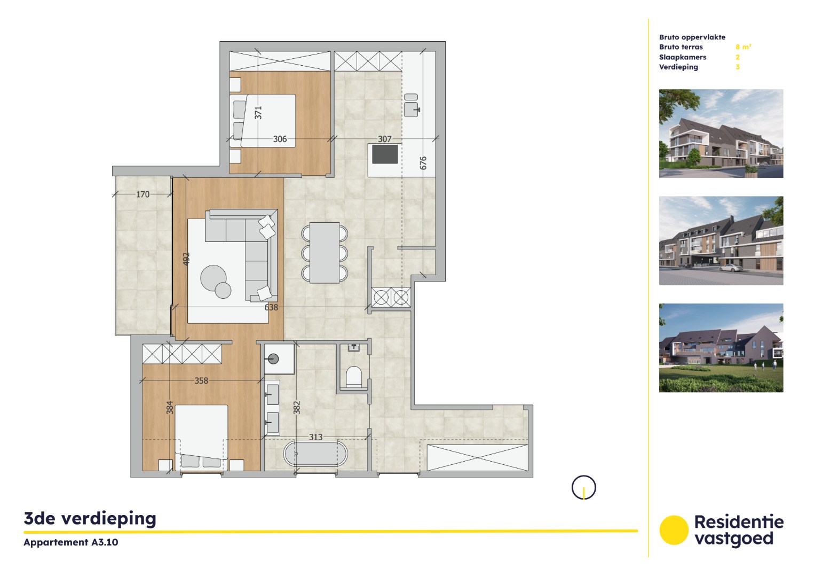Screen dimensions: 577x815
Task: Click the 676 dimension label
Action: point(423,163)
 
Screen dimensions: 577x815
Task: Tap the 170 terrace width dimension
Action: point(143,194)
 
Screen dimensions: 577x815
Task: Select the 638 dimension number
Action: point(271,307)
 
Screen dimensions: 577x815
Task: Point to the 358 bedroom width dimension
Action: point(201,381)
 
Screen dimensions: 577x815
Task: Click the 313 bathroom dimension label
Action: point(315,437)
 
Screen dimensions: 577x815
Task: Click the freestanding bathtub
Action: point(315,454)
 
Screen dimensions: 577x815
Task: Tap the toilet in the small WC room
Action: point(353,376)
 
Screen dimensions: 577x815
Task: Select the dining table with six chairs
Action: point(325,252)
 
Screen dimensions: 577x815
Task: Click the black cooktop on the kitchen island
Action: point(385,154)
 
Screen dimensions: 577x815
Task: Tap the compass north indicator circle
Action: point(583,488)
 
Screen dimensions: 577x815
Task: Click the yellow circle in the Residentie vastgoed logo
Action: point(674,530)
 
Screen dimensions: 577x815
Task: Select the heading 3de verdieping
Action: point(90,518)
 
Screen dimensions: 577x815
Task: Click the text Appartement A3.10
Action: point(71,542)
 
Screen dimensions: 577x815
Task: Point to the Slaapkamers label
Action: point(682,57)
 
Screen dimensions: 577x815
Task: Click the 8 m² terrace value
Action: point(743,47)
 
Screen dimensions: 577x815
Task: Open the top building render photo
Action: point(721,134)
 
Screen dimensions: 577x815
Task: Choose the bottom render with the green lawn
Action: point(721,348)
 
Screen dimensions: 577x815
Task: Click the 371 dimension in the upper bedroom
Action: point(258,113)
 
